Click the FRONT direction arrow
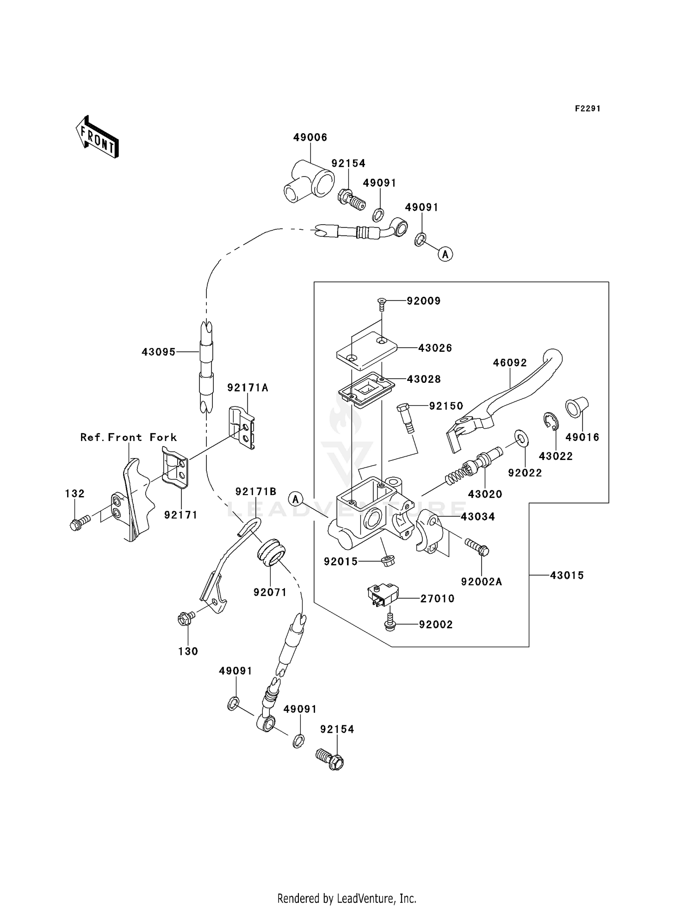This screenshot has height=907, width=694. (x=97, y=137)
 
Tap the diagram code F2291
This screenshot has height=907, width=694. (x=588, y=109)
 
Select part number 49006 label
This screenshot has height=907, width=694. (x=310, y=137)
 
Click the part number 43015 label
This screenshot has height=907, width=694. (x=567, y=575)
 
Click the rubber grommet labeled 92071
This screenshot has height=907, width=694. (x=271, y=552)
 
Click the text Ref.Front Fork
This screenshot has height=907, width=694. (x=129, y=437)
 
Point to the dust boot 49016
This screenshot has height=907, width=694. (x=576, y=407)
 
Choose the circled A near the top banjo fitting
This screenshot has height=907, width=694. (x=445, y=254)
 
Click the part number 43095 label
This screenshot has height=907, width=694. (x=159, y=352)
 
